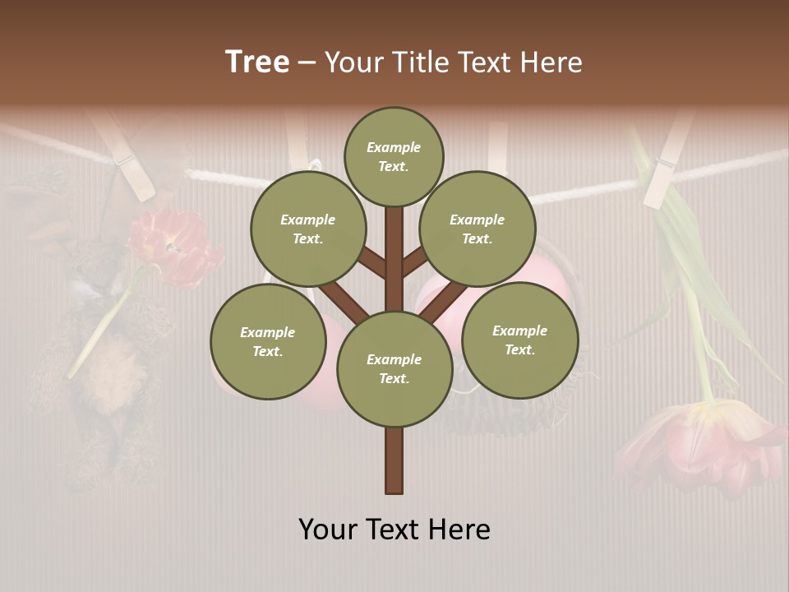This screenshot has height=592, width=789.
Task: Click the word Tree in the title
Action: pyautogui.click(x=257, y=62)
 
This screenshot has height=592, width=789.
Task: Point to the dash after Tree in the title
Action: pyautogui.click(x=307, y=63)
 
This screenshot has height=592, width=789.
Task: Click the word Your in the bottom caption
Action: pyautogui.click(x=330, y=529)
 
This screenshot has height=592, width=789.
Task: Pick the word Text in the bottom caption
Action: pyautogui.click(x=394, y=529)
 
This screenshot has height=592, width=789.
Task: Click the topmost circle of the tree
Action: pyautogui.click(x=394, y=156)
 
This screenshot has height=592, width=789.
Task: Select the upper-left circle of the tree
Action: pyautogui.click(x=307, y=229)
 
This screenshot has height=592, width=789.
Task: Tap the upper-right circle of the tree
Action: pyautogui.click(x=478, y=229)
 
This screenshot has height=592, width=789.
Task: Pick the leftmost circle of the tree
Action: pyautogui.click(x=268, y=341)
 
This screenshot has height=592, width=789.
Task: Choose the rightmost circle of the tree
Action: pyautogui.click(x=520, y=340)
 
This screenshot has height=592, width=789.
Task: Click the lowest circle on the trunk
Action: pyautogui.click(x=394, y=368)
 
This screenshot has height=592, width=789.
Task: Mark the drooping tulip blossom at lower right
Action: pyautogui.click(x=699, y=444)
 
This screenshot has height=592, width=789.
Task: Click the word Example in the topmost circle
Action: pyautogui.click(x=394, y=147)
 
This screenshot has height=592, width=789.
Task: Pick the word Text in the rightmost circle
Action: pyautogui.click(x=519, y=349)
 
